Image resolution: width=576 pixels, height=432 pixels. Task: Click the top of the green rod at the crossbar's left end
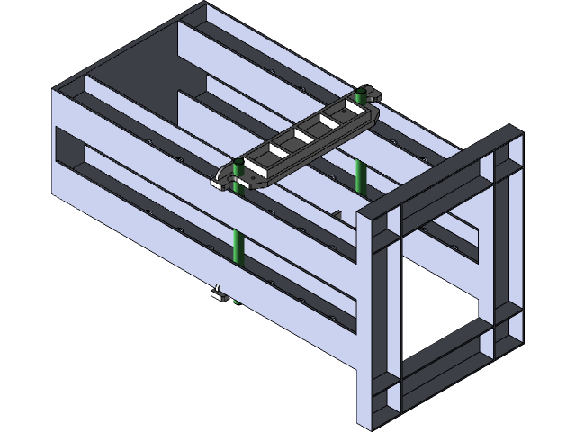(238, 166)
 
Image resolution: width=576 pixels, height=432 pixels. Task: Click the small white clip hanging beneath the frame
(217, 292)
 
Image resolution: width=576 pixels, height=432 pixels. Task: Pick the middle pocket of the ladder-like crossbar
(303, 137)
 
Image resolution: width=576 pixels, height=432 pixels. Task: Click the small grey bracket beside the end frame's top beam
(337, 214)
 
